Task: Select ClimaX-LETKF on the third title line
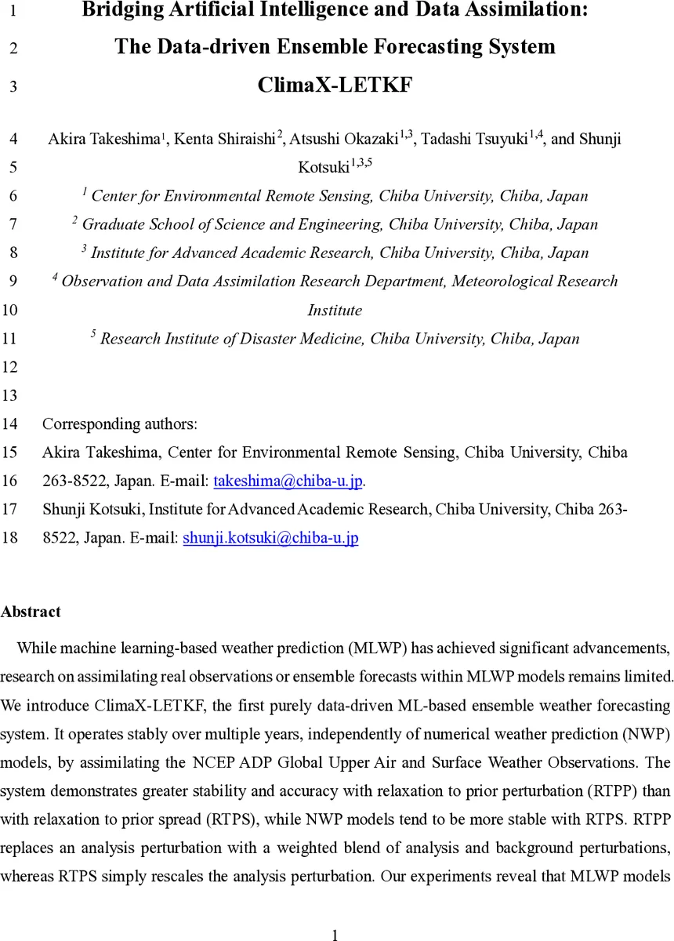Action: pos(335,85)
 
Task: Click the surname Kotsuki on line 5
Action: pos(323,168)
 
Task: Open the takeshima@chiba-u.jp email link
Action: pos(288,481)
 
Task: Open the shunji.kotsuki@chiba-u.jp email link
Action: pos(270,538)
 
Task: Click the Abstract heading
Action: pos(31,612)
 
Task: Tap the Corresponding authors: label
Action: pos(119,424)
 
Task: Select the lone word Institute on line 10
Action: pos(335,310)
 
